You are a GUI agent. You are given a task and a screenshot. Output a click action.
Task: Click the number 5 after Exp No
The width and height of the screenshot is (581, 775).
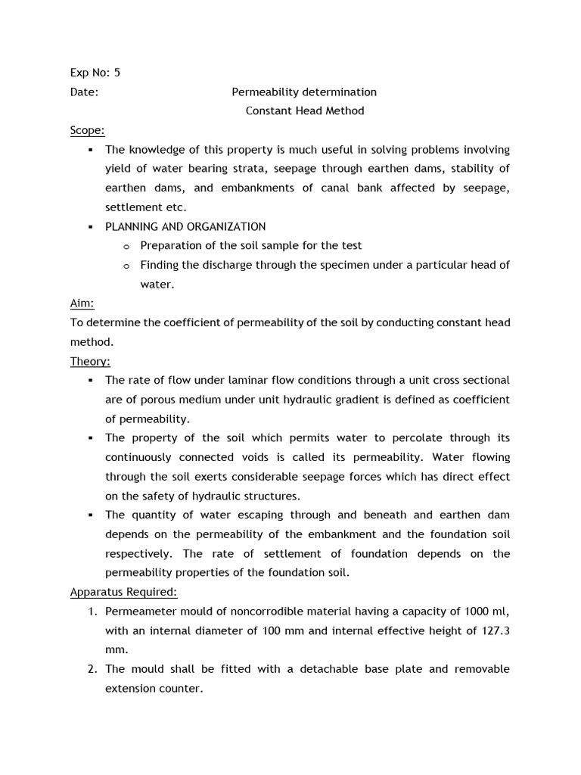click(x=117, y=73)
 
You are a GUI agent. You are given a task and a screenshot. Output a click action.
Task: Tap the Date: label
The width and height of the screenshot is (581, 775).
click(x=84, y=92)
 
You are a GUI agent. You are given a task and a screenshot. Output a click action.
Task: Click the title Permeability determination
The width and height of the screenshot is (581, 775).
click(x=303, y=92)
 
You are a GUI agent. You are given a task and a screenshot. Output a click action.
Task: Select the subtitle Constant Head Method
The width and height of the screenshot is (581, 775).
click(x=305, y=110)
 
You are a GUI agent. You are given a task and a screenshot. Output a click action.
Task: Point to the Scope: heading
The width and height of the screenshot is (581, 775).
click(x=87, y=130)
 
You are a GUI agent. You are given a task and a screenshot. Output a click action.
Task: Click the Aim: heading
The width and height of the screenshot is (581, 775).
click(x=82, y=303)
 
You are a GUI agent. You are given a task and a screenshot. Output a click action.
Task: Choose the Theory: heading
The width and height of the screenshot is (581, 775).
click(x=90, y=361)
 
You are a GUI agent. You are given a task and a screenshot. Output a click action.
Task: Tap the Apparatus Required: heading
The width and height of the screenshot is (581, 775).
click(x=123, y=592)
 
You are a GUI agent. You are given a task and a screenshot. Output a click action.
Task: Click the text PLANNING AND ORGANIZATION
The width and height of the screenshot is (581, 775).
click(x=185, y=226)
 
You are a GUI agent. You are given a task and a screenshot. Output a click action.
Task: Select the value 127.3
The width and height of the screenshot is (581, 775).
click(x=495, y=630)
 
